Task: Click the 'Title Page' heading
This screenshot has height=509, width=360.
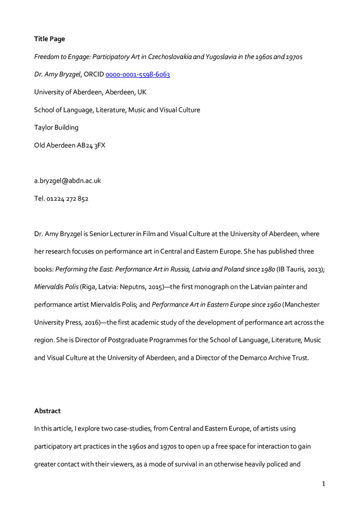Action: point(49,39)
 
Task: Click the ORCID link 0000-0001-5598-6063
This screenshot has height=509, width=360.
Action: point(137,74)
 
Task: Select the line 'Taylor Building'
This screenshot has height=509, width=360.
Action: point(56,127)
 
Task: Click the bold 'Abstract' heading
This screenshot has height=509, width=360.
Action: point(47,410)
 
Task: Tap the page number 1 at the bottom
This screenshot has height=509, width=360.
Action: point(323,484)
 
